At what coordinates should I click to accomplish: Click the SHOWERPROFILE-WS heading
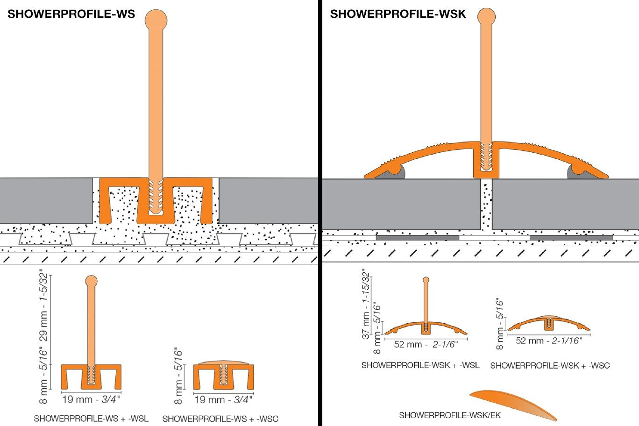(71, 14)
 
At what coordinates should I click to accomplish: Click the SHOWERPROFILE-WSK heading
(398, 14)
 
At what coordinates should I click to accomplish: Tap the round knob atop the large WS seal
(156, 20)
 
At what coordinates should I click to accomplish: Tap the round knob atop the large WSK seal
(486, 16)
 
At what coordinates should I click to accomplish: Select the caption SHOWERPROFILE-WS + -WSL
(91, 419)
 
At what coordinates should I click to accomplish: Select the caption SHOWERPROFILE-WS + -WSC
(220, 419)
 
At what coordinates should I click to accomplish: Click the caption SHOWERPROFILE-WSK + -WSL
(420, 365)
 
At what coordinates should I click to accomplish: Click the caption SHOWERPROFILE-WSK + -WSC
(550, 365)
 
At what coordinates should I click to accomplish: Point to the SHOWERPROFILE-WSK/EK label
(450, 415)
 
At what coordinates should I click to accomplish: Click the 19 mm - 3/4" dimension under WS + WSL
(91, 399)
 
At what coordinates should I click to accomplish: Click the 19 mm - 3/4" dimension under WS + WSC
(223, 399)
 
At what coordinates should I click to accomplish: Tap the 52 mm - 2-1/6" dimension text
(426, 344)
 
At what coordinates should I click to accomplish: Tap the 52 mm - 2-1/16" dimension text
(549, 341)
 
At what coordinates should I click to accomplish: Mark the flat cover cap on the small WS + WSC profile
(223, 362)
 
